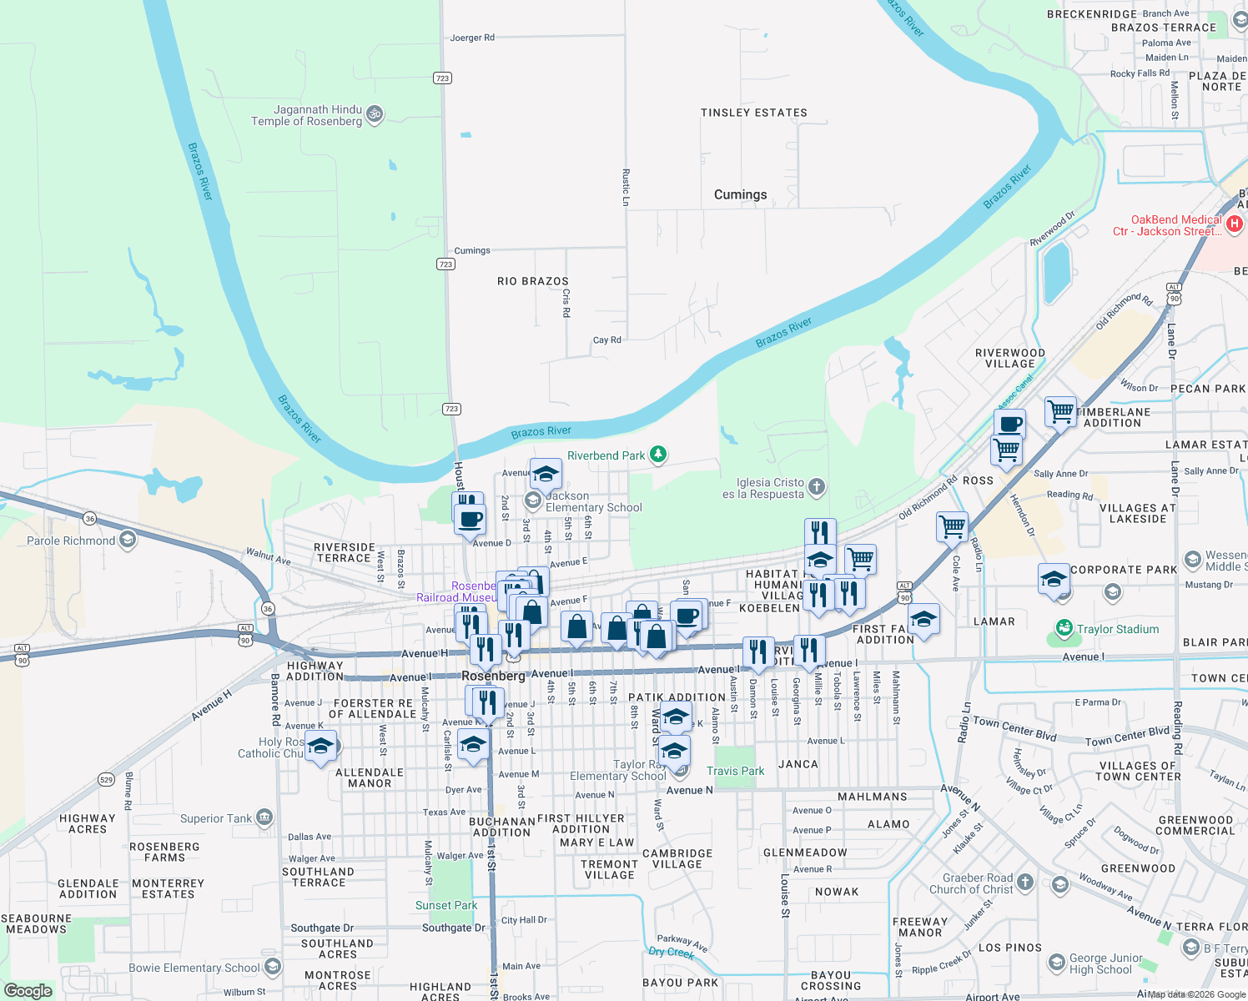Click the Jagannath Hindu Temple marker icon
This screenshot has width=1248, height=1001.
coord(375,113)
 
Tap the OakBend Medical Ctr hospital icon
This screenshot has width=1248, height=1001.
coord(1235,224)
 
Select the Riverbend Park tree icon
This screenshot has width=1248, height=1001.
coord(659,455)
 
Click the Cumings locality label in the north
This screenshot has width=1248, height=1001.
coord(740,194)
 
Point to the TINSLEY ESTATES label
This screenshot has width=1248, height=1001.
coord(753,113)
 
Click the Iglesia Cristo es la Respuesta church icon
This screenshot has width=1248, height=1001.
coord(817,486)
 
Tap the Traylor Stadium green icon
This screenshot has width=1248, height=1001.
coord(1064,628)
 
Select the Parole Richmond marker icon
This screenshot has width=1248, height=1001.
coord(128,541)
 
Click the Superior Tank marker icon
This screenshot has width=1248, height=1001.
coord(264,817)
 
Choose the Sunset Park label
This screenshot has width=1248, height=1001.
coord(446,905)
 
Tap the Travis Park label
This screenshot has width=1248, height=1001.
coord(735,771)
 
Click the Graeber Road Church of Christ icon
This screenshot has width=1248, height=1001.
coord(1025,882)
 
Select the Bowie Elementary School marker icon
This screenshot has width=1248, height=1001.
coord(273,967)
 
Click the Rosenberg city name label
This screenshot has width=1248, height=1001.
coord(493,676)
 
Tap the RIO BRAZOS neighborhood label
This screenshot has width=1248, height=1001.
coord(532,281)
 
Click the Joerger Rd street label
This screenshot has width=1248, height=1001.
coord(472,38)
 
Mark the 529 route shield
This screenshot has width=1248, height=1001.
coord(106,780)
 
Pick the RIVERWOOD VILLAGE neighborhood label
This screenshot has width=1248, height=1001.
coord(1009,358)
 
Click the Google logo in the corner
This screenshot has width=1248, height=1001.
coord(28,990)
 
